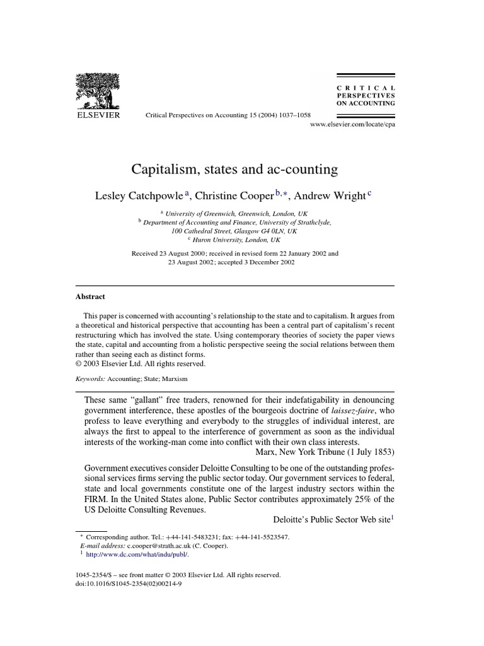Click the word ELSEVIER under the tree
98,115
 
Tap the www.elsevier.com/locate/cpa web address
353,125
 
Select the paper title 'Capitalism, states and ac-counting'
234,169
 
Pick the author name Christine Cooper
241,196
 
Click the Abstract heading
90,297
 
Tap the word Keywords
89,379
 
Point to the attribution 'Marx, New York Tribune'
325,452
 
